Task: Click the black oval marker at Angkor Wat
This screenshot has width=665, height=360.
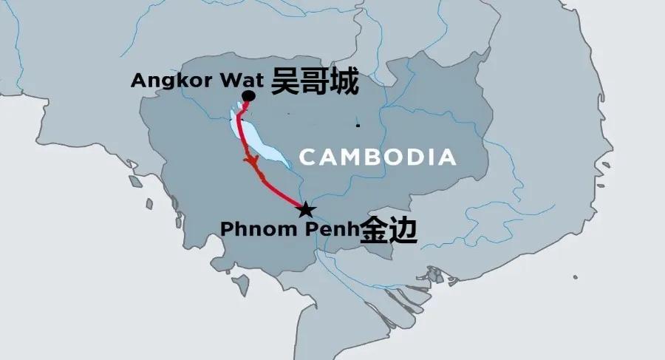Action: [x=249, y=97]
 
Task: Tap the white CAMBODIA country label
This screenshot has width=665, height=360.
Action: [x=378, y=157]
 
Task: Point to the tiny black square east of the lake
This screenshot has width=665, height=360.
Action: [x=358, y=126]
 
